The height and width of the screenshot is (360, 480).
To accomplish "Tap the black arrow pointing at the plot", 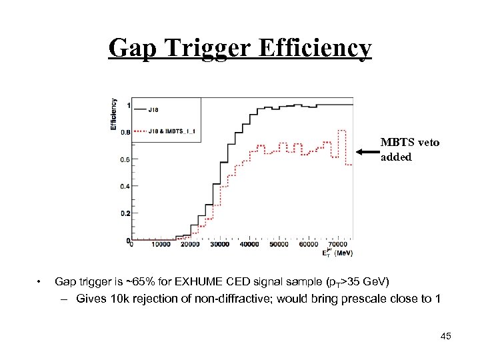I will (367, 152).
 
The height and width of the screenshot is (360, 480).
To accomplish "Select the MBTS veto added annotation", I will (409, 149).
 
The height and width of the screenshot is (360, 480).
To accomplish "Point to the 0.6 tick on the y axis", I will (125, 159).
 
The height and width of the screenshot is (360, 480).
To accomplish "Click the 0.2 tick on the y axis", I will (125, 213).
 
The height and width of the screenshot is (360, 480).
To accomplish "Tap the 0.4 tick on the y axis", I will (125, 187).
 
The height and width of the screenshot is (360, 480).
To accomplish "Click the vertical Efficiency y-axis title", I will (114, 114).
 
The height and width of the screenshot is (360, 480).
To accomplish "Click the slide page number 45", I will (446, 335).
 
